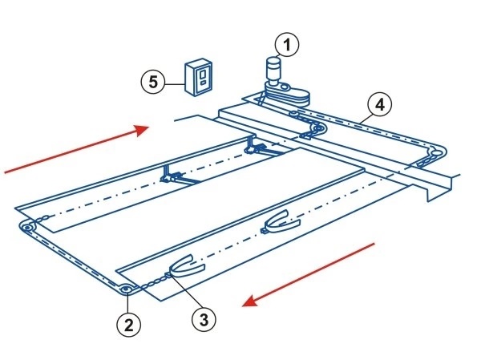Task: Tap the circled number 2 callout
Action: pyautogui.click(x=127, y=324)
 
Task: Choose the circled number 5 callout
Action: pyautogui.click(x=153, y=82)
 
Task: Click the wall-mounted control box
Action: pyautogui.click(x=200, y=78)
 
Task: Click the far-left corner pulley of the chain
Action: pyautogui.click(x=28, y=229)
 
